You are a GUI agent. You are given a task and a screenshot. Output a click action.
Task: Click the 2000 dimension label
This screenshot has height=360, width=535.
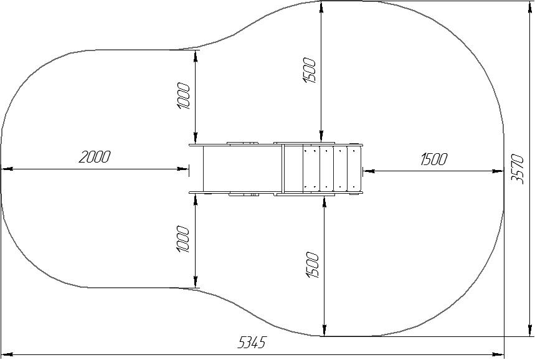(x=95, y=157)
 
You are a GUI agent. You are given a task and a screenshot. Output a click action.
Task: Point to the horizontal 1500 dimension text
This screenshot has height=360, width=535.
(x=433, y=159)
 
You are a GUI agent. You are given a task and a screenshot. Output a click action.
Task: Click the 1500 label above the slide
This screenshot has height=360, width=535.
(x=310, y=70)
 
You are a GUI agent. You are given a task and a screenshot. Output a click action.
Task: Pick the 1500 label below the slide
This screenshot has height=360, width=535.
(x=313, y=265)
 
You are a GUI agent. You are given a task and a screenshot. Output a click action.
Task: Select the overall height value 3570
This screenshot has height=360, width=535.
(x=518, y=169)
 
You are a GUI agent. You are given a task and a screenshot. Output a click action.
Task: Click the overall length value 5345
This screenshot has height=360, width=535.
(x=251, y=343)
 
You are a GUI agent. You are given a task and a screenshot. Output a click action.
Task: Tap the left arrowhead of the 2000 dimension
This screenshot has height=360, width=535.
(x=7, y=169)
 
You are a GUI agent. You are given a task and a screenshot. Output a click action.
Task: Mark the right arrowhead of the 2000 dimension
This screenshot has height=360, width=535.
(x=182, y=169)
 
